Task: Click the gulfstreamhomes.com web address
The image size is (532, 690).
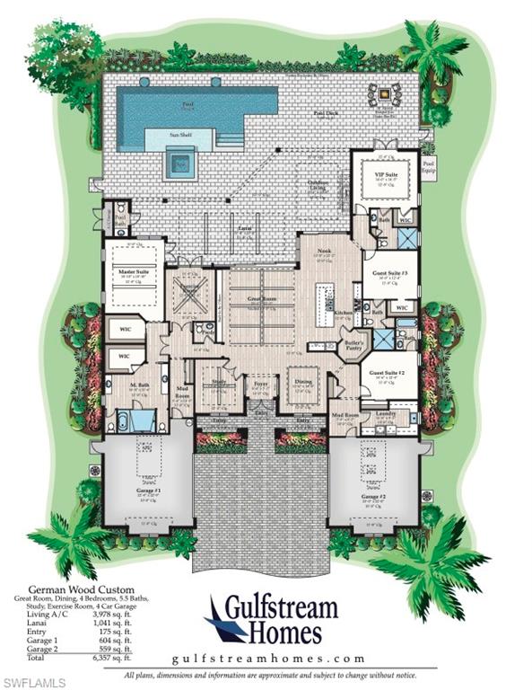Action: tap(271, 657)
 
